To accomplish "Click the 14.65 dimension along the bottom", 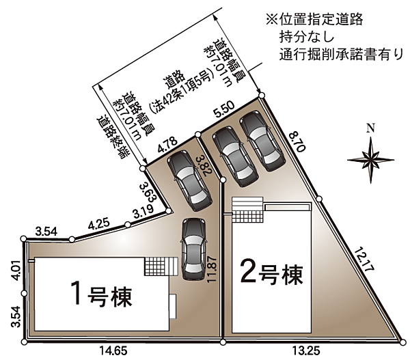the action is (x=113, y=350).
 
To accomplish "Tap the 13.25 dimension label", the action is (x=306, y=350).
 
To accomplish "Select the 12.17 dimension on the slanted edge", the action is (x=364, y=260).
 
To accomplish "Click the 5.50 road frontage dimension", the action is (x=224, y=108).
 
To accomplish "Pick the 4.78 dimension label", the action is (x=167, y=145).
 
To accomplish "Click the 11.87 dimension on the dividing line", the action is (x=212, y=268).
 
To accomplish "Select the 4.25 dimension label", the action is (x=98, y=224).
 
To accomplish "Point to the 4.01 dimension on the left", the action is (x=16, y=271).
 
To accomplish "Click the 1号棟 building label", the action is (x=101, y=293).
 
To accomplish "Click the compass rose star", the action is (x=371, y=160).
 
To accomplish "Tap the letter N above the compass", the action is (x=371, y=128).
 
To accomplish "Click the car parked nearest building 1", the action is (x=193, y=249).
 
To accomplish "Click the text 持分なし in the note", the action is (x=307, y=36).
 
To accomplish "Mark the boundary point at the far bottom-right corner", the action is (x=403, y=341).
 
